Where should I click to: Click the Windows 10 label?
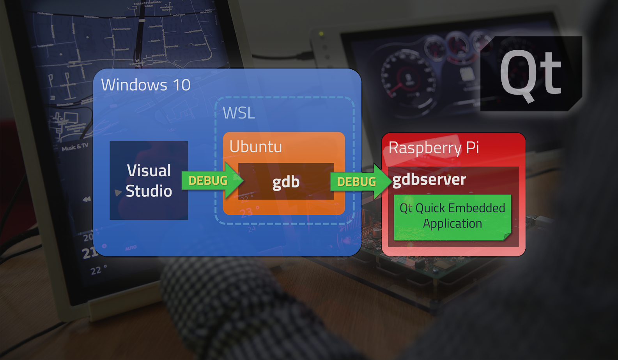coord(145,85)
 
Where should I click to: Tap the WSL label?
coord(239,113)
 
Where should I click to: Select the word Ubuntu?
coord(255,147)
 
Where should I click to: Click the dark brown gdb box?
coord(286,182)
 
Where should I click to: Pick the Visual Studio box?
coord(149,180)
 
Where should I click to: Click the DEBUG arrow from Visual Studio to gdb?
coord(211,181)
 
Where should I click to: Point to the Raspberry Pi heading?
coord(434,148)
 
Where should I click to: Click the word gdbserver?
coord(429,180)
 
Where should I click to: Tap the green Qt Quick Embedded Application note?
coord(452,216)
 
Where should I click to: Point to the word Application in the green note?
coord(452,224)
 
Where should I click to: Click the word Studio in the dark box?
coord(149,191)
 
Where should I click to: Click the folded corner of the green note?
coord(507,236)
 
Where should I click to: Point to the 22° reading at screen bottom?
coord(98,270)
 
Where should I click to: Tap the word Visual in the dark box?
coord(149,171)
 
